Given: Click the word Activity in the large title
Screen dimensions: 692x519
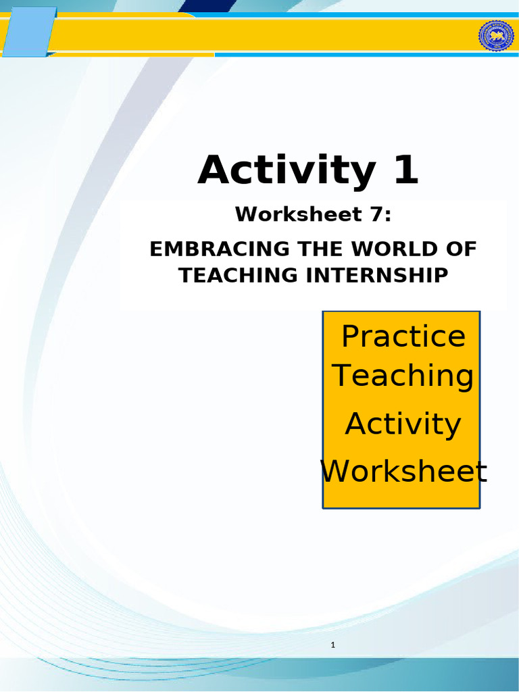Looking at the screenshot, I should (x=286, y=170).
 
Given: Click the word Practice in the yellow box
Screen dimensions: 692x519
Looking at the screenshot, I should (x=403, y=336).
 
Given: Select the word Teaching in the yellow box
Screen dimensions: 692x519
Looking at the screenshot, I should (x=403, y=376).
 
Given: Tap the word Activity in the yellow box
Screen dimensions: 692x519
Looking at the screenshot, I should (x=403, y=424).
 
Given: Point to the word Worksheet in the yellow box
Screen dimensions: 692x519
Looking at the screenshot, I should (x=403, y=471).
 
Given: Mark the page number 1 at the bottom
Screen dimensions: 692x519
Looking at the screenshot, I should (x=333, y=645).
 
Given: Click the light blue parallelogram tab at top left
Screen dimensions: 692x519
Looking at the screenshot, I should (x=29, y=31).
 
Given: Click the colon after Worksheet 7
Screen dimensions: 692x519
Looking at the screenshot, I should (x=388, y=216).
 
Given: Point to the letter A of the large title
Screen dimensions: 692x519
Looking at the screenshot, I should (x=215, y=170).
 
